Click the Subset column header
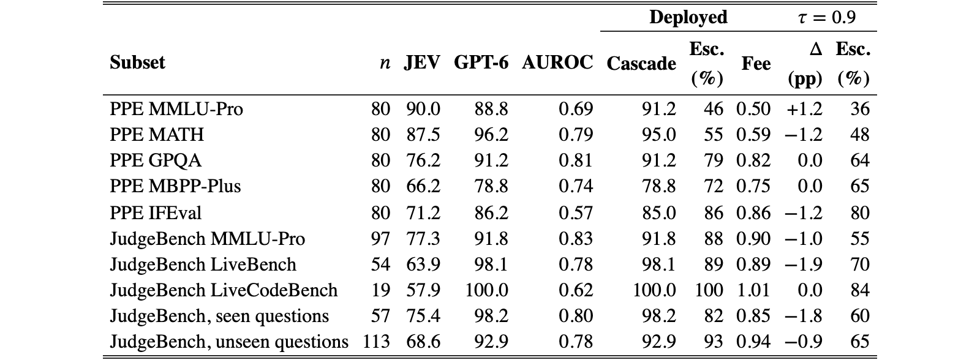point(137,62)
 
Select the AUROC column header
point(557,62)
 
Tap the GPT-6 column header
point(481,62)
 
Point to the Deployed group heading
point(688,17)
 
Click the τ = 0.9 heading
point(826,17)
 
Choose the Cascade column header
point(641,64)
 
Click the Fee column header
point(756,64)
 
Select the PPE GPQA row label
point(156,160)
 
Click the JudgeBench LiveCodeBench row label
point(224,290)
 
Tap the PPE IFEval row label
point(156,213)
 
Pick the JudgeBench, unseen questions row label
point(229,342)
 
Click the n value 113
point(376,342)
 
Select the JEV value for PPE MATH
point(423,134)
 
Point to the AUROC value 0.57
point(576,213)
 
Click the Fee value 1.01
point(753,290)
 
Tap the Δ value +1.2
point(804,109)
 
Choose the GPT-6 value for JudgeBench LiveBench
point(491,264)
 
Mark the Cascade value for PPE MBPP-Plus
point(659,186)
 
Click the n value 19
point(380,290)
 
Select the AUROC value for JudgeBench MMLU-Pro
point(576,239)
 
